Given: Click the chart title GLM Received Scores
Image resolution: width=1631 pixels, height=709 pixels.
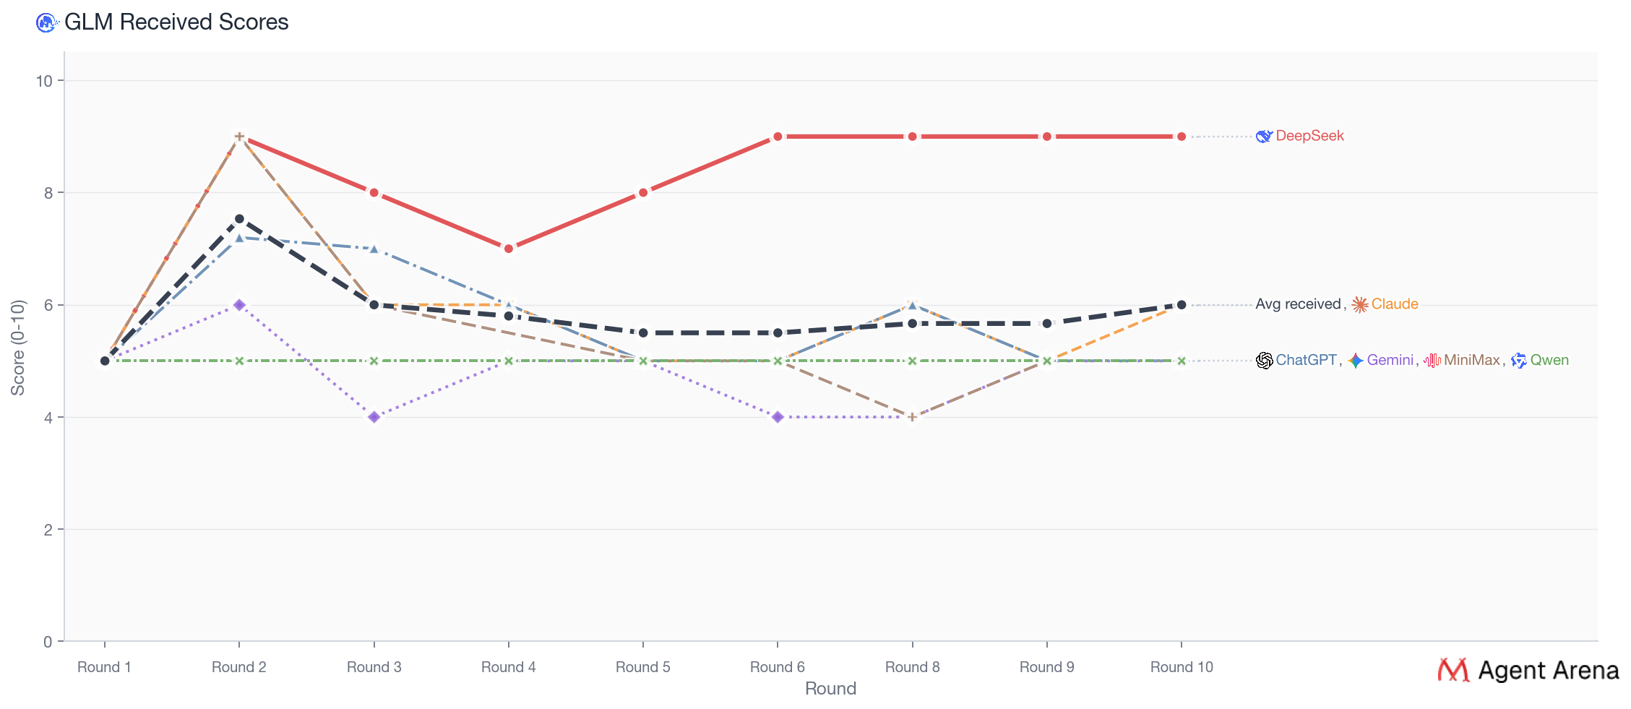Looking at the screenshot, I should point(176,22).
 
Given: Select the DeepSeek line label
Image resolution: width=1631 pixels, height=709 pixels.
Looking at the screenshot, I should point(1309,136).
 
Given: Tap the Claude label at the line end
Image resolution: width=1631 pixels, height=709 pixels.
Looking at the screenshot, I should point(1394,304).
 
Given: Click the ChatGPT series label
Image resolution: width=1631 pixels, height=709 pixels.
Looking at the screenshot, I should point(1305,360).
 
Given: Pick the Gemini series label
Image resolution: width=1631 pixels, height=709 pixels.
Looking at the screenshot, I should point(1389,360).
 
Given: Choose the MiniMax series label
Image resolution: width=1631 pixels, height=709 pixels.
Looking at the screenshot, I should point(1471,360).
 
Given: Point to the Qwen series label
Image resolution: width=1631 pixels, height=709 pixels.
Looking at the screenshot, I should point(1549,360).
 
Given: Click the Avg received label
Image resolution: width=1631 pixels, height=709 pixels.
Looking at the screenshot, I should point(1297,304).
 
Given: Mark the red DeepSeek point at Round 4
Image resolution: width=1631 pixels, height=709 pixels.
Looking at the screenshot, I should point(509,249).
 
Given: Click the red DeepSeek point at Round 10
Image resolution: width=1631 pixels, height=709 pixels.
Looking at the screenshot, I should point(1182,137).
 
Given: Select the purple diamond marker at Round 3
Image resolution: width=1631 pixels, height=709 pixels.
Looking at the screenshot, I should point(374,417).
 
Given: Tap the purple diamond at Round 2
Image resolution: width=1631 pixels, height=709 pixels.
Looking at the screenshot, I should point(239,305).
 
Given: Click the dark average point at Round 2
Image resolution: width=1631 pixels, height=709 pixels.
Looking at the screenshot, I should point(239,219).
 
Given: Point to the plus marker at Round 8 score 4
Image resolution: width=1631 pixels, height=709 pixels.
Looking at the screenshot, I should point(912,417).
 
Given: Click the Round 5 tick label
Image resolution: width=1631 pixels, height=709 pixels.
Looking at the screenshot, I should point(642,667).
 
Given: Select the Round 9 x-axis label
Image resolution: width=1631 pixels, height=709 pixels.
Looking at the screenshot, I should point(1046,667).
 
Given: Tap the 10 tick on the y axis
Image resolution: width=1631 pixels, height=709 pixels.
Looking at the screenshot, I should point(45,81).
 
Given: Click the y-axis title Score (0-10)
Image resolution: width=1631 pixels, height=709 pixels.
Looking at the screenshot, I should point(18,347).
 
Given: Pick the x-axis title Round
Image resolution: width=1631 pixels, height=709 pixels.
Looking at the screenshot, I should point(830,689).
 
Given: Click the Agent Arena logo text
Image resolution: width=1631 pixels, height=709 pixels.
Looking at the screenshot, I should point(1547,671).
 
